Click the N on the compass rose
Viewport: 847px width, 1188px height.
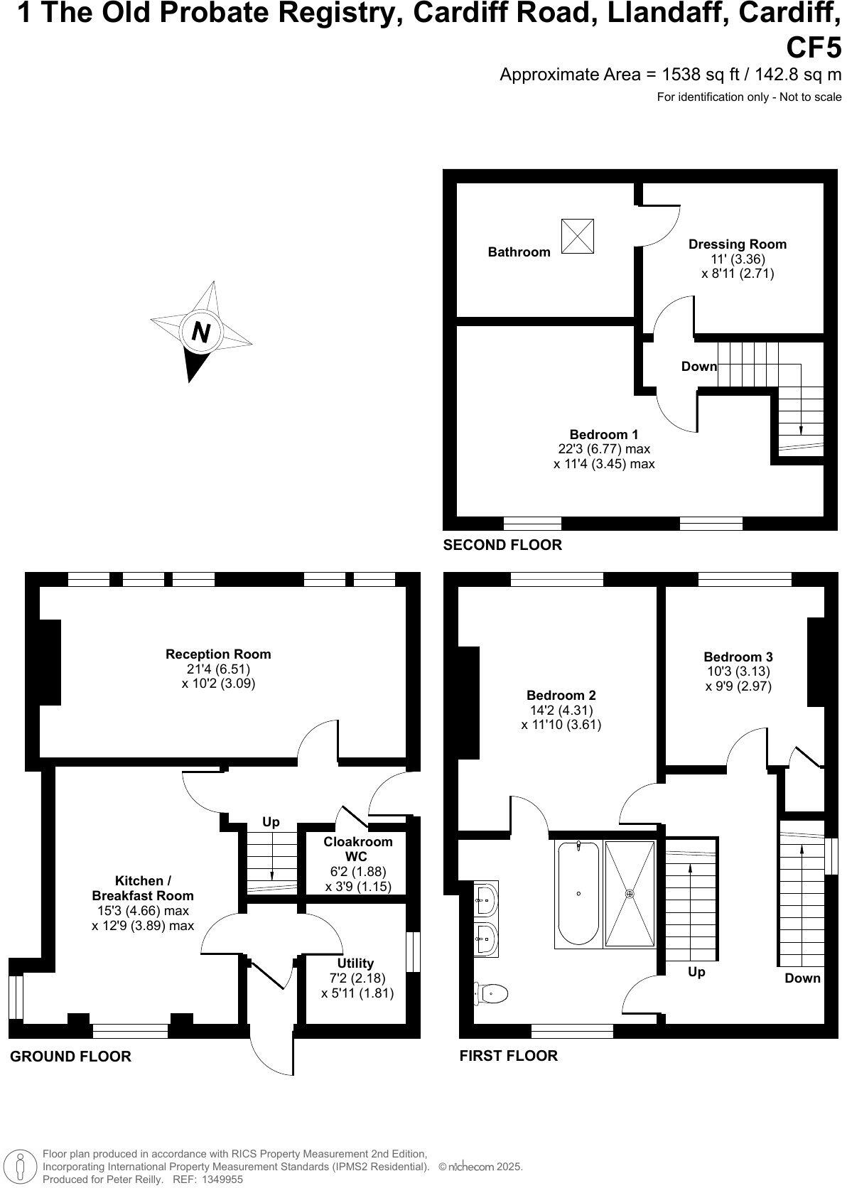pos(202,332)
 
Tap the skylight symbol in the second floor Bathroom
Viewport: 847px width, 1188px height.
pos(577,236)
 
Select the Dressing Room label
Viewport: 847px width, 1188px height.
pos(738,244)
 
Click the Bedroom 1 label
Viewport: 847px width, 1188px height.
pos(604,434)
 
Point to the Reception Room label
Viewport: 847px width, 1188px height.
pos(218,654)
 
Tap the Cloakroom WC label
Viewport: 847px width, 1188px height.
pos(358,848)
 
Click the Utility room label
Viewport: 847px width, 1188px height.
pos(355,963)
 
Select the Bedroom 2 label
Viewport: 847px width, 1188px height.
pos(561,695)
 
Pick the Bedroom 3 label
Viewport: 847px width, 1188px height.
pos(738,657)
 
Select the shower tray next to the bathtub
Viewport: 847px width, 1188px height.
pos(630,894)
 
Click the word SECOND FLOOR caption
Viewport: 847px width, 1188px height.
pos(502,545)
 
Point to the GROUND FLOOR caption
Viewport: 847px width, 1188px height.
pos(70,1057)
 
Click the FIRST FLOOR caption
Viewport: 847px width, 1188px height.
pos(509,1055)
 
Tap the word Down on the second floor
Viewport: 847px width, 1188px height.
pos(699,367)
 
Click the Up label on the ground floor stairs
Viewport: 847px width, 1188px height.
pos(271,822)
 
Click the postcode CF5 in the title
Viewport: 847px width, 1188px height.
pos(814,47)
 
